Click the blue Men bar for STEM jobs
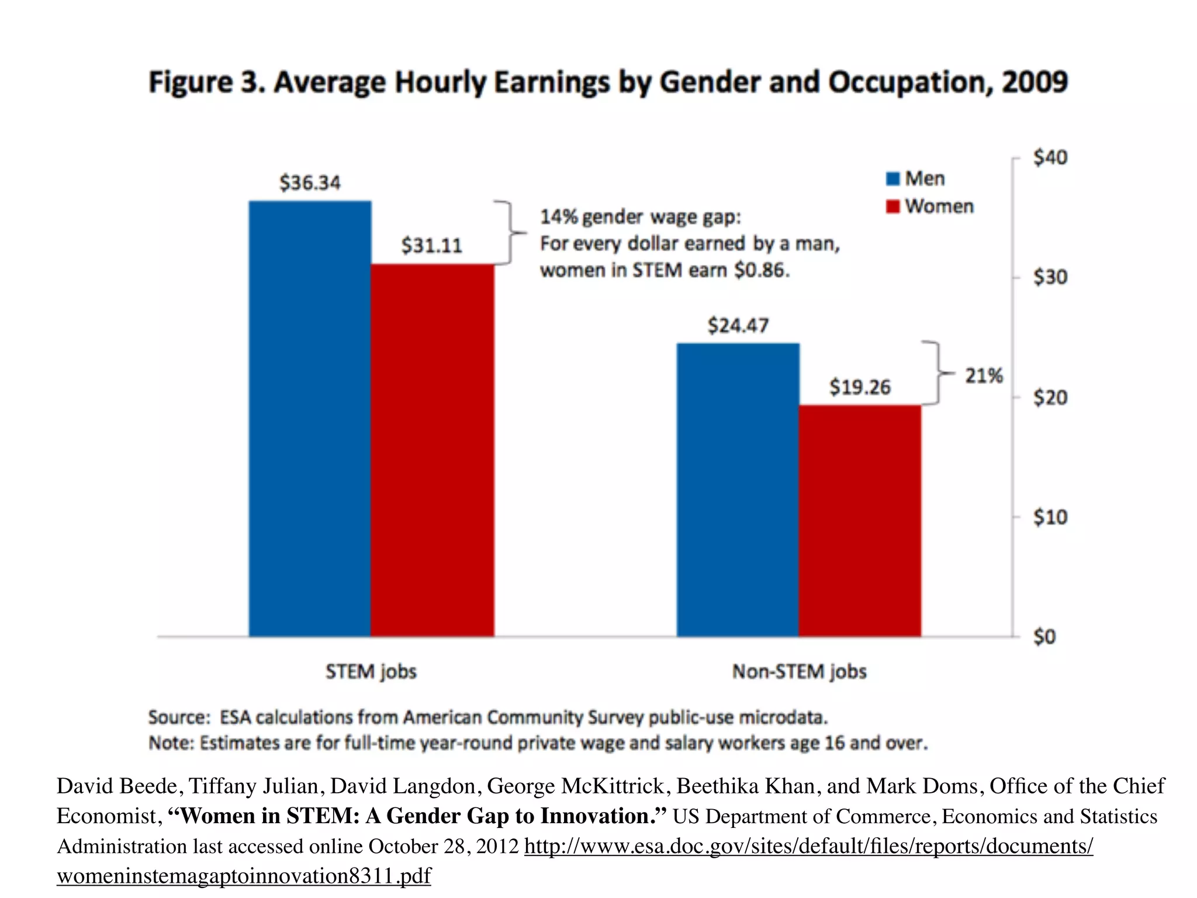310,418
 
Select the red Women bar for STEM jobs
433,450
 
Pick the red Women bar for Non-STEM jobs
860,520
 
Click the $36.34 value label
310,183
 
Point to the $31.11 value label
431,246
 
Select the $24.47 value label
738,326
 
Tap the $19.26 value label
860,387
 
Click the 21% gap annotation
984,376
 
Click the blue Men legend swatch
892,179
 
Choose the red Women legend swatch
892,207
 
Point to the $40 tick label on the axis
1050,158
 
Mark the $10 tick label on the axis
1050,517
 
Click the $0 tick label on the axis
1044,637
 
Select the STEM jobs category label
371,672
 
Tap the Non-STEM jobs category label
799,672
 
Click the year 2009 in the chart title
1035,82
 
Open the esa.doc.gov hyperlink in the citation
808,847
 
